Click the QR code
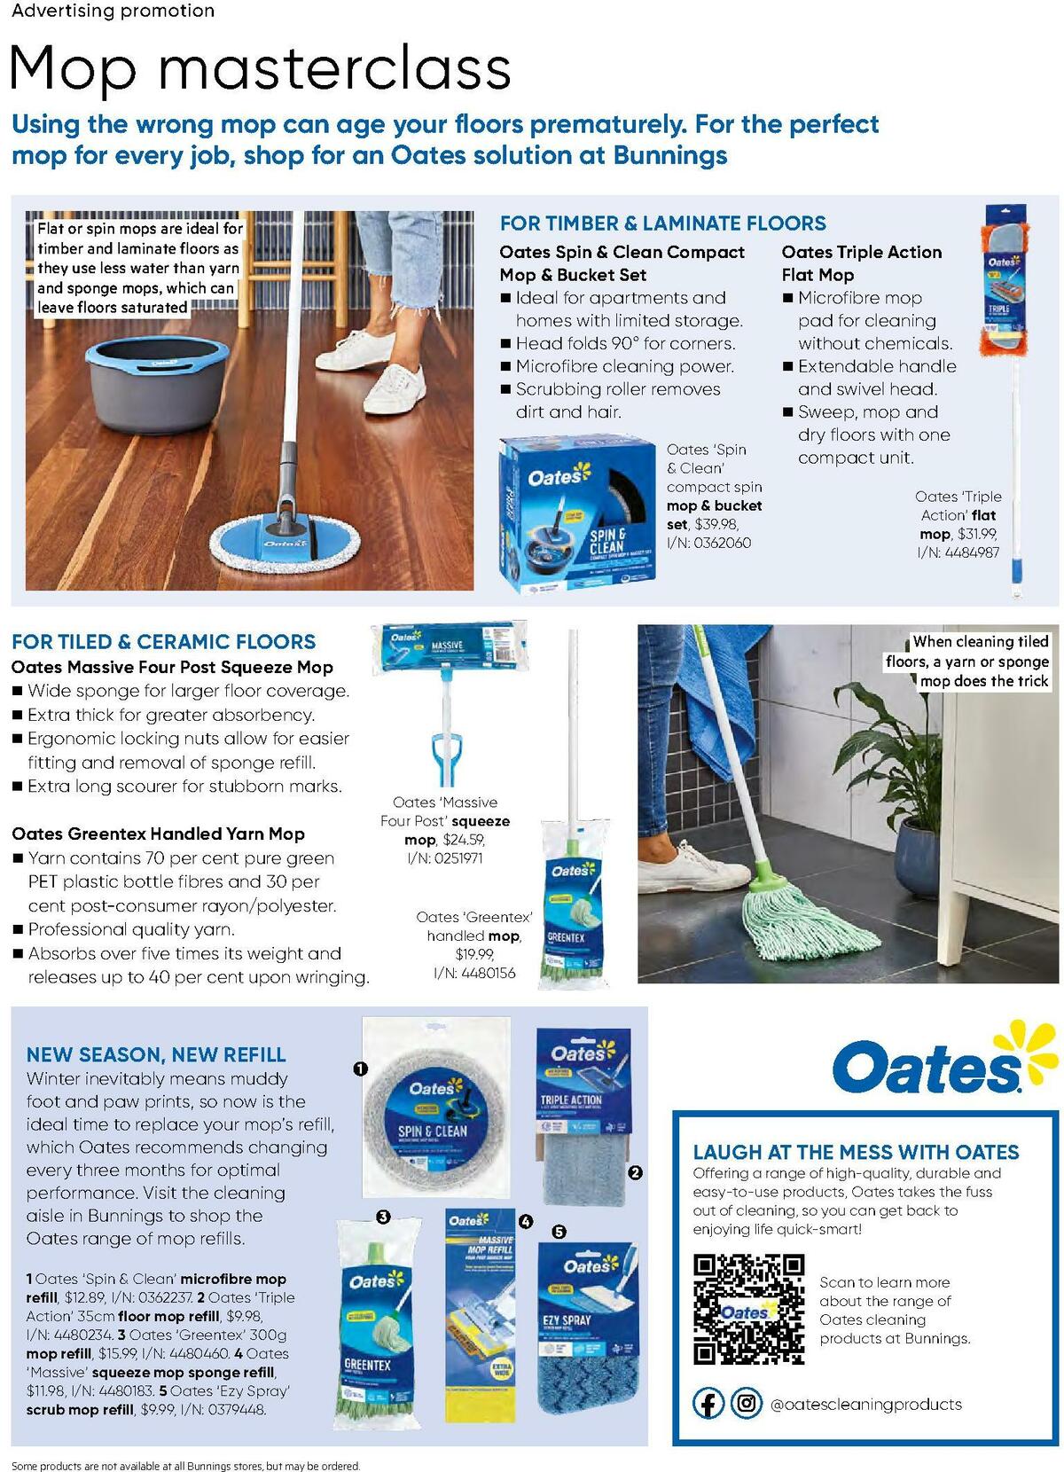(748, 1308)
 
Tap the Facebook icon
(708, 1404)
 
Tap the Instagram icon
(747, 1404)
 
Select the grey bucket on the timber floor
(150, 385)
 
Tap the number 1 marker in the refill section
(361, 1069)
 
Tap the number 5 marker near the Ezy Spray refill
(559, 1232)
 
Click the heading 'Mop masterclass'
(261, 67)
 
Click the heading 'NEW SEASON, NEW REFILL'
(156, 1054)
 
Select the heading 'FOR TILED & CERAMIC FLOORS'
(163, 641)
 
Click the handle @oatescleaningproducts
(865, 1404)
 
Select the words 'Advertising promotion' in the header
(113, 12)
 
